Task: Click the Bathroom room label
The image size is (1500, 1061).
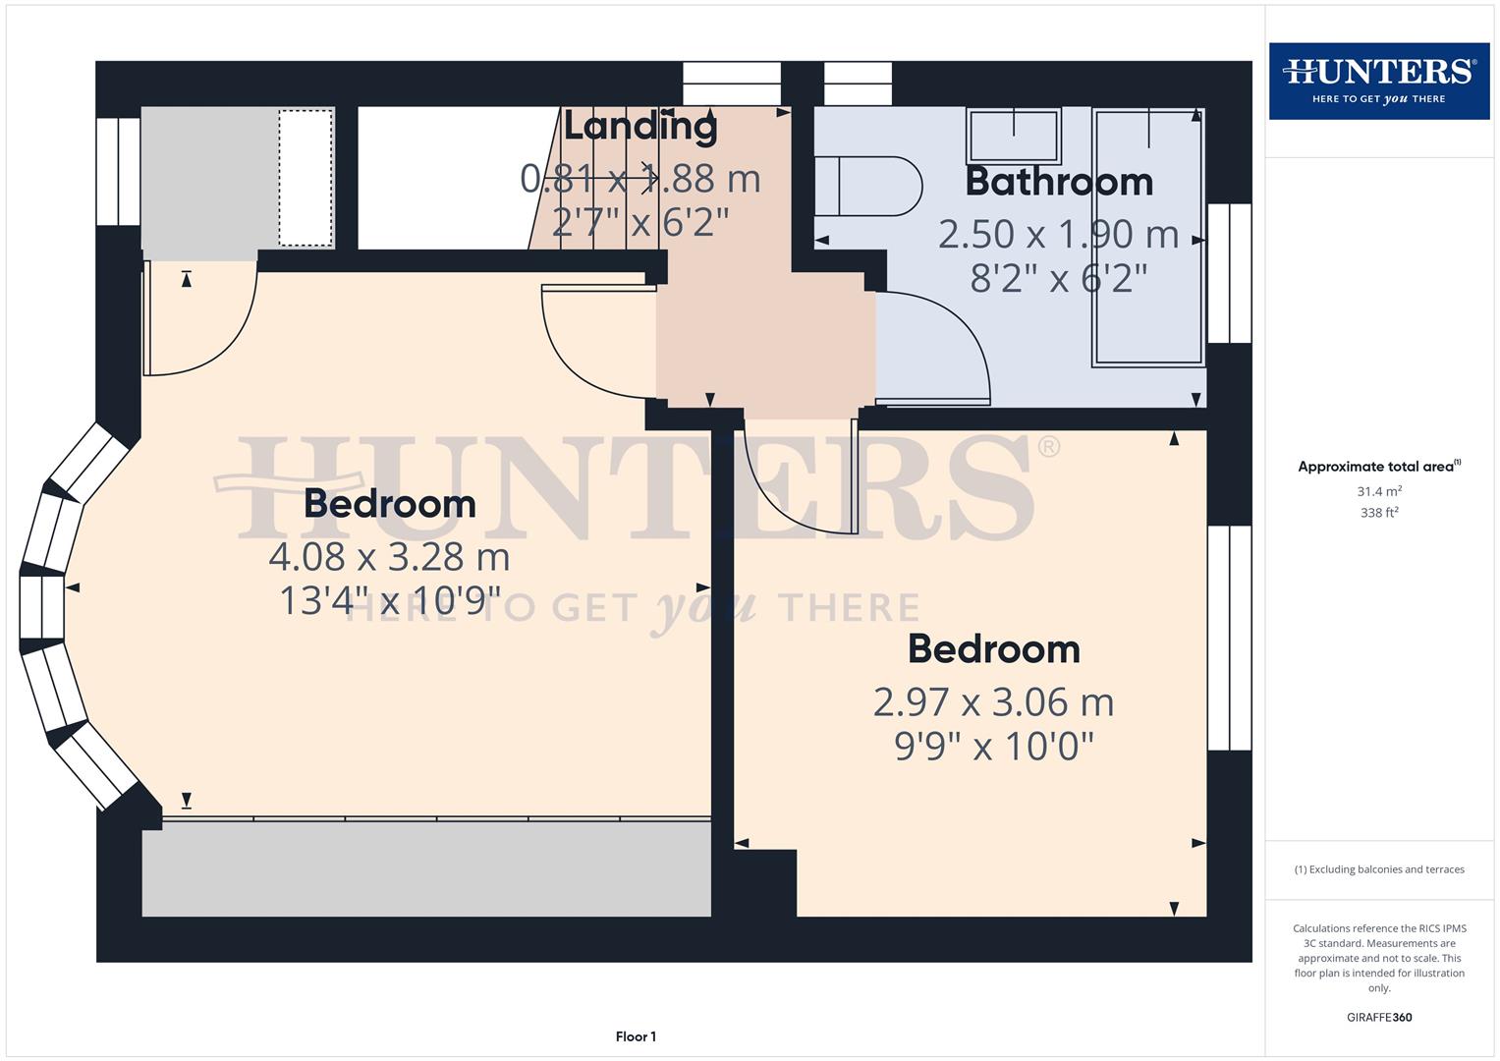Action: (x=1059, y=182)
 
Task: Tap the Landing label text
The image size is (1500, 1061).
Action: (x=639, y=126)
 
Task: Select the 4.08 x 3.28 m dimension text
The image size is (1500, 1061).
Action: (x=389, y=557)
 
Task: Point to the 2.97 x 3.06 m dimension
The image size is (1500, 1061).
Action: (x=993, y=702)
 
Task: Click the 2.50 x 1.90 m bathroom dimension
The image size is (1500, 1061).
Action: (x=1058, y=234)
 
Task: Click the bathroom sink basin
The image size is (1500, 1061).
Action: (x=1014, y=136)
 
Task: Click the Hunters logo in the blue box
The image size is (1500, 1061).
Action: (x=1378, y=81)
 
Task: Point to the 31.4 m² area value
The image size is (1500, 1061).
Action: (x=1379, y=491)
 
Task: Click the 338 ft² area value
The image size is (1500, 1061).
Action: (x=1379, y=513)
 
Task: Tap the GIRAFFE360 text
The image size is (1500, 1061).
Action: (x=1379, y=1018)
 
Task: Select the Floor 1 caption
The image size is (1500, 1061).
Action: (x=636, y=1036)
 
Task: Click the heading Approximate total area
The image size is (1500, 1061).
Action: (x=1378, y=467)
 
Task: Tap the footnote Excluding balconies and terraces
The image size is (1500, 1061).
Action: (x=1379, y=869)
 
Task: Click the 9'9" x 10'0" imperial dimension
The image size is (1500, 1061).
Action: (x=993, y=747)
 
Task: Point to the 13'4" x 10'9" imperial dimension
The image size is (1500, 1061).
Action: (x=389, y=601)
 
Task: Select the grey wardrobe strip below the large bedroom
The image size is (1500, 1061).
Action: (x=426, y=868)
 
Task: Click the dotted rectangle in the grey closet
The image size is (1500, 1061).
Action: (x=306, y=178)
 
